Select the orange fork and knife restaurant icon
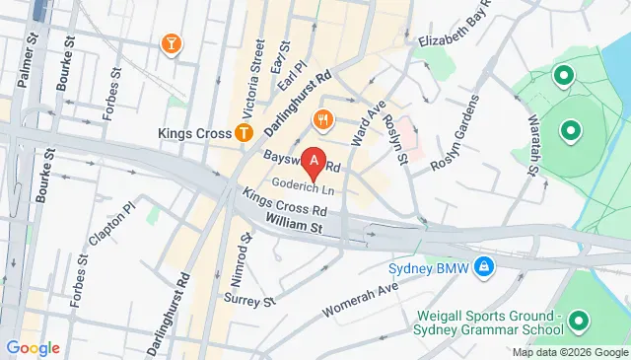point(321,120)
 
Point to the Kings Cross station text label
point(192,131)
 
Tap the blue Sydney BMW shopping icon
point(484,266)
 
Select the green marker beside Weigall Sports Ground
point(577,321)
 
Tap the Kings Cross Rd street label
point(285,205)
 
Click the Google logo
point(33,347)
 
